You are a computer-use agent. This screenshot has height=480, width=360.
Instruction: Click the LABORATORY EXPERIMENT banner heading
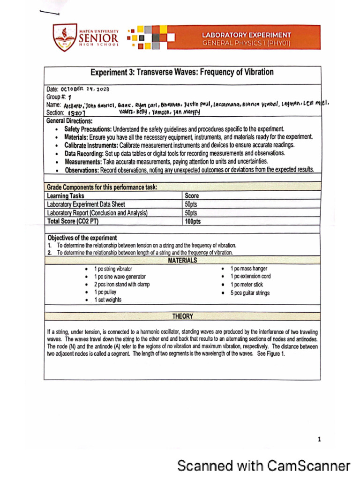[x=246, y=35]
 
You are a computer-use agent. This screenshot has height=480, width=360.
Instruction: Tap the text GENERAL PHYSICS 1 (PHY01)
[x=246, y=43]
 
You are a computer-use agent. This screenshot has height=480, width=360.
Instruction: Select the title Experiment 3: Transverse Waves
[x=182, y=73]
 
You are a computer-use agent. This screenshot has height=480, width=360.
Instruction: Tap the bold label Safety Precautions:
[x=88, y=128]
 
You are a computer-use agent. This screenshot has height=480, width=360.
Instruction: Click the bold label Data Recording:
[x=84, y=153]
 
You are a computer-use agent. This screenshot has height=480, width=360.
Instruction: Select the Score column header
[x=192, y=196]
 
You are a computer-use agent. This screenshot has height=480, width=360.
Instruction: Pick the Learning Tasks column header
[x=66, y=196]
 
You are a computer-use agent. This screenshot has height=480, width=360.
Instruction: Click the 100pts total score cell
[x=193, y=221]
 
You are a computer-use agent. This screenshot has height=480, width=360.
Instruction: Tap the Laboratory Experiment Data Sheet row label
[x=86, y=204]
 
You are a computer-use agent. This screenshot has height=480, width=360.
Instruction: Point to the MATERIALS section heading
[x=182, y=261]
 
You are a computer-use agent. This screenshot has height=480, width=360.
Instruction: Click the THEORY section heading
[x=182, y=317]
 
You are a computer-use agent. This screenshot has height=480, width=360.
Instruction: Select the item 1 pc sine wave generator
[x=120, y=277]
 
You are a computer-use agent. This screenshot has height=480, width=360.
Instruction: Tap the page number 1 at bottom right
[x=319, y=439]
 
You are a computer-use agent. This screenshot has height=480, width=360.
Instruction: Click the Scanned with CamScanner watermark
[x=263, y=466]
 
